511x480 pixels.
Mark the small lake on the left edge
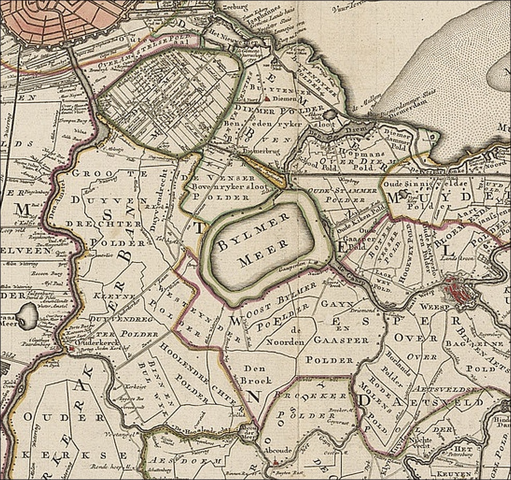[27, 315]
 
